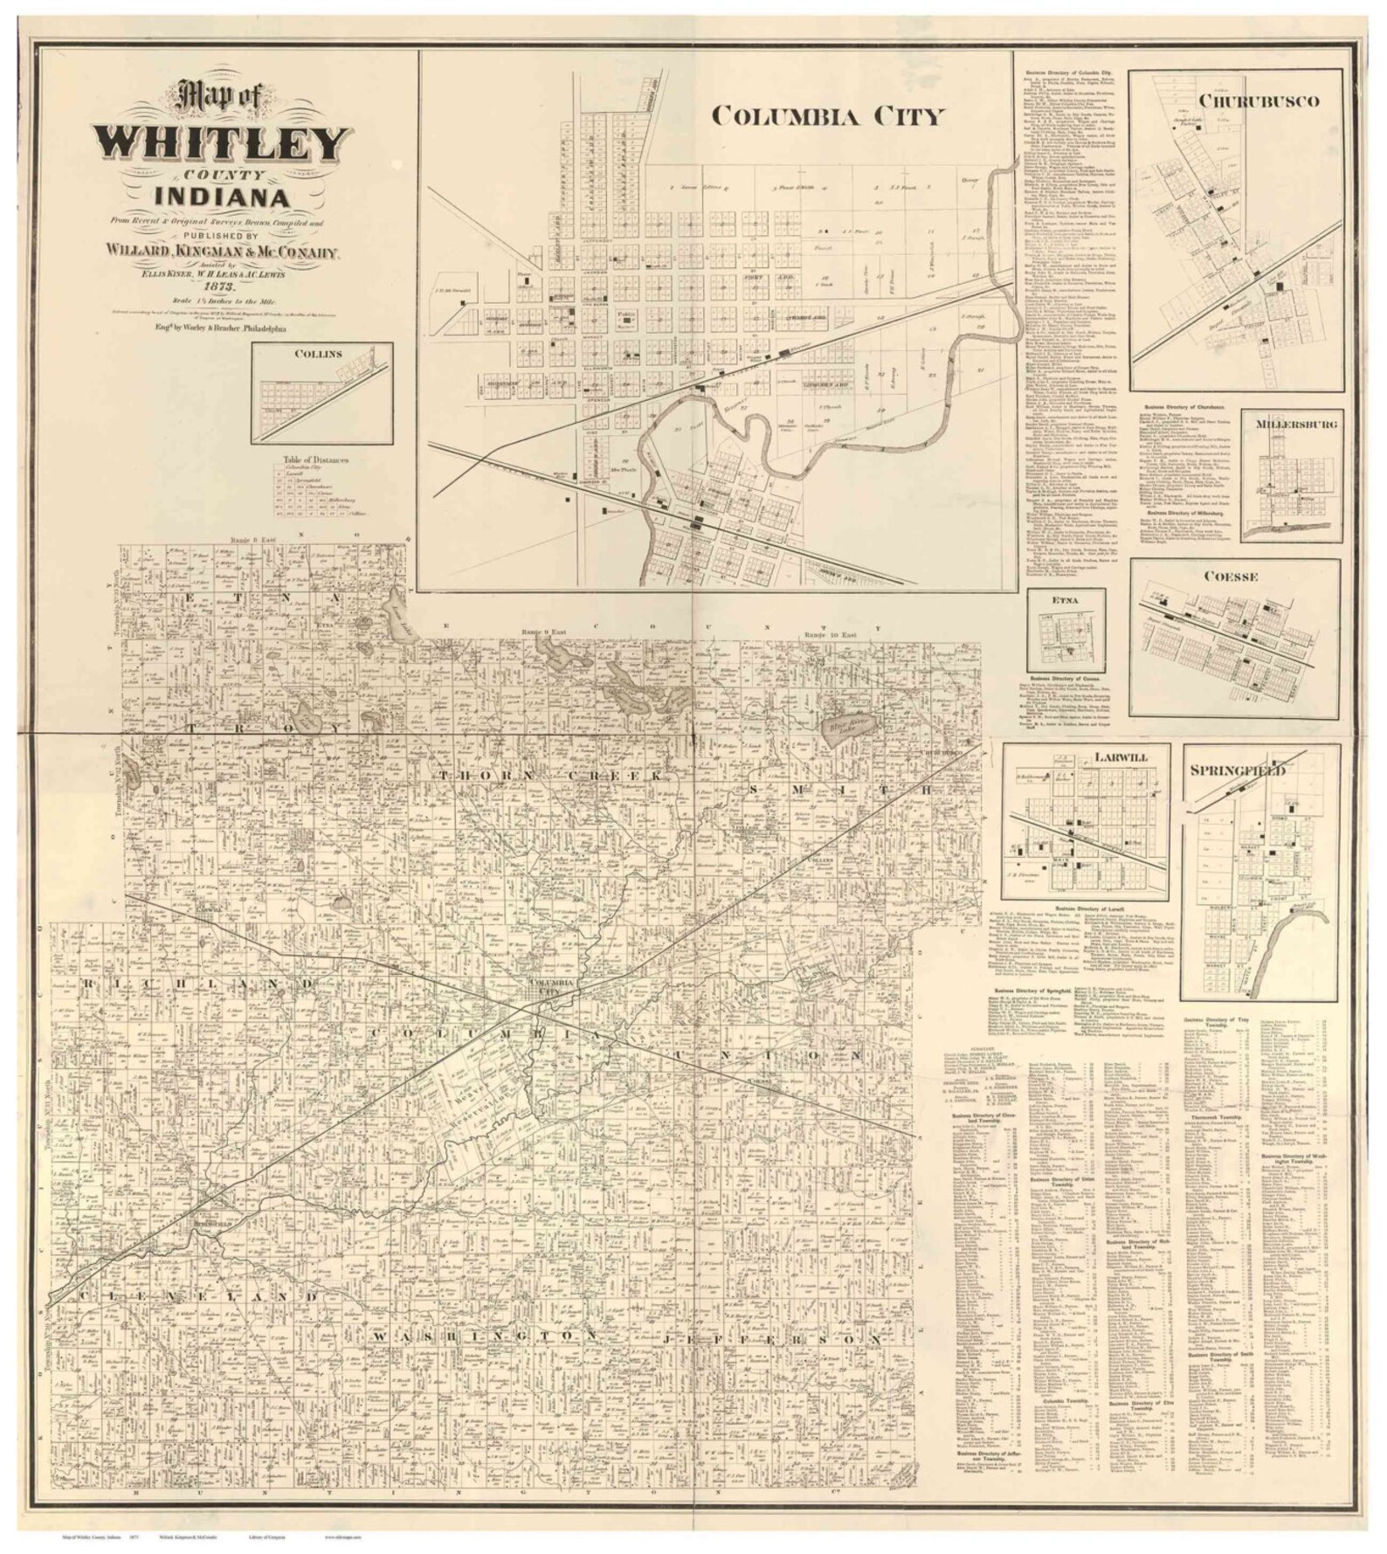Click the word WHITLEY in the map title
(223, 142)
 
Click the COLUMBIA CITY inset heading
(827, 116)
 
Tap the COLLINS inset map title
(318, 354)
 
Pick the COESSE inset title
(1230, 577)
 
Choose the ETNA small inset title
(1065, 600)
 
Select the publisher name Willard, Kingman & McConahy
(221, 252)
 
